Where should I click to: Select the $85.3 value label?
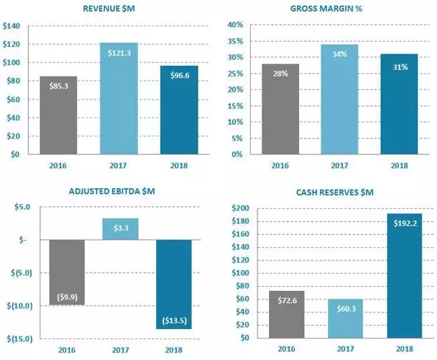[63, 85]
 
